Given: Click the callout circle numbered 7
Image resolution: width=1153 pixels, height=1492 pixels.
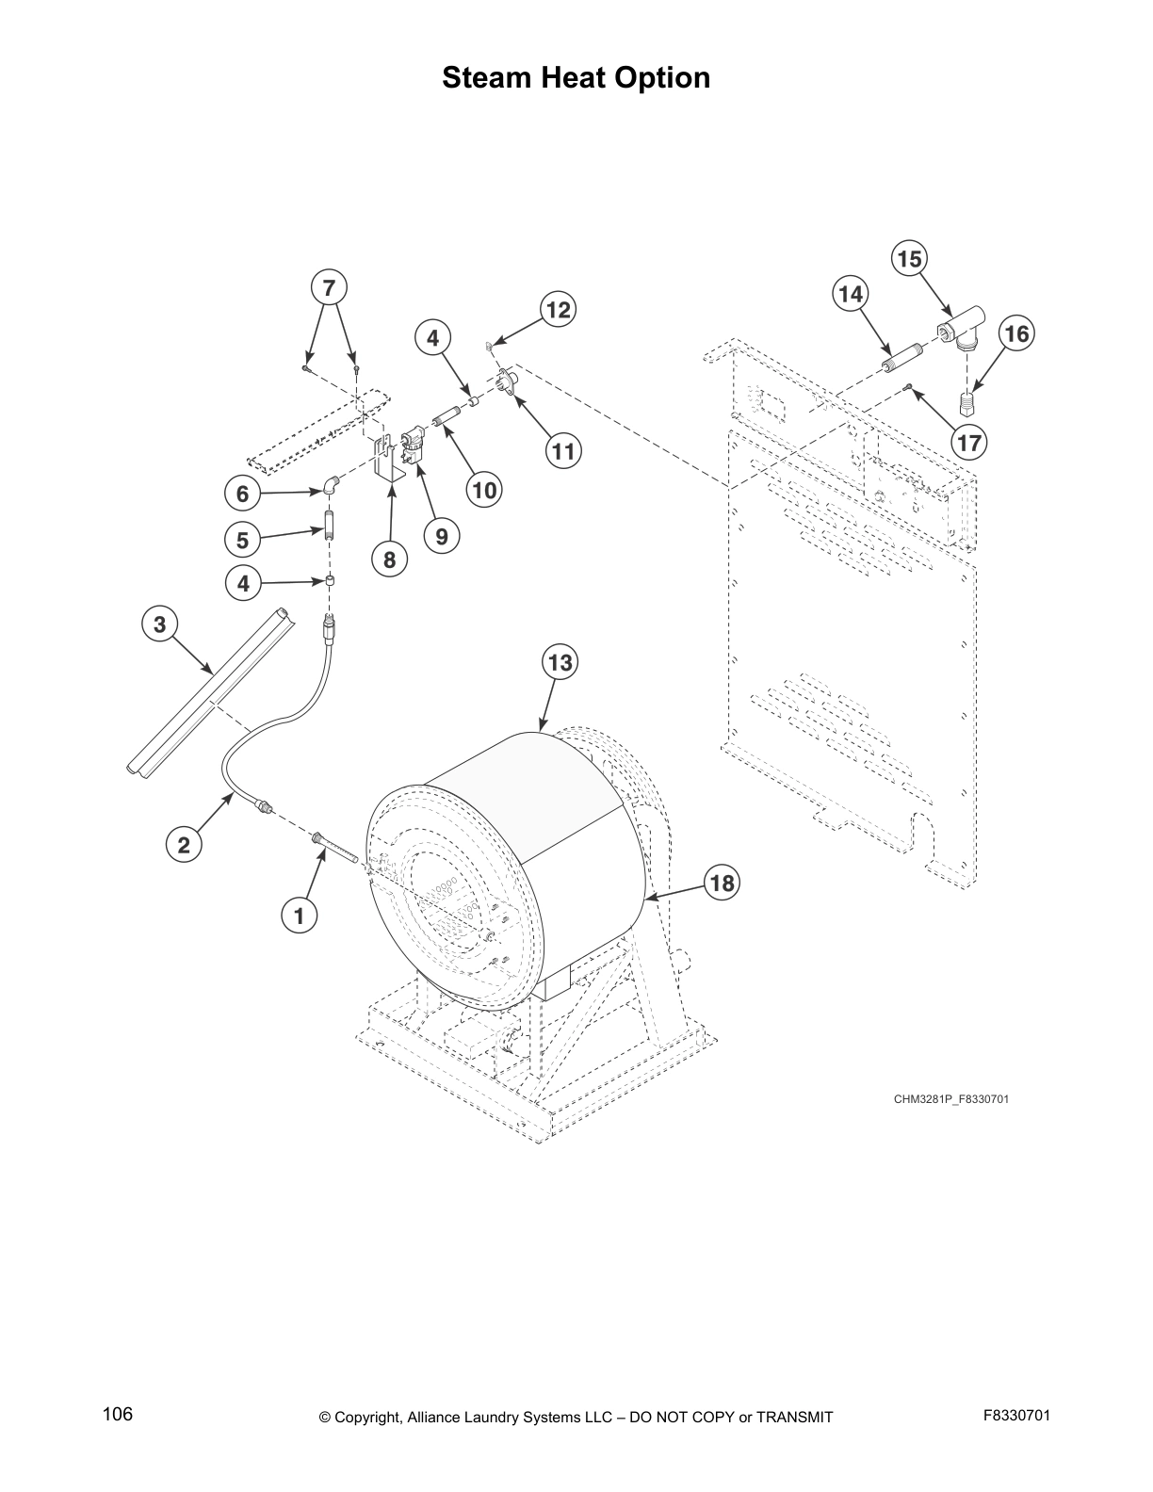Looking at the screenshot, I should pyautogui.click(x=329, y=287).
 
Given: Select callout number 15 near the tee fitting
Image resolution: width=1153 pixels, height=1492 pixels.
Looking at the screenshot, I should pyautogui.click(x=910, y=259).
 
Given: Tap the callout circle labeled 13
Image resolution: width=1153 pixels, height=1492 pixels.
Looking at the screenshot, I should pyautogui.click(x=560, y=662).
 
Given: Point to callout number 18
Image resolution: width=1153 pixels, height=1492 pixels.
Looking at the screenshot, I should pyautogui.click(x=722, y=883).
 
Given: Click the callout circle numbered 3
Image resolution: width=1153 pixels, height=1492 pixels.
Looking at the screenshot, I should pyautogui.click(x=159, y=624).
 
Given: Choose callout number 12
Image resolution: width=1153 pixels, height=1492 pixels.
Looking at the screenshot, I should pyautogui.click(x=559, y=310).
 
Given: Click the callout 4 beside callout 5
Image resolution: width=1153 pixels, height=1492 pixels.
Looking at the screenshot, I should pyautogui.click(x=243, y=584).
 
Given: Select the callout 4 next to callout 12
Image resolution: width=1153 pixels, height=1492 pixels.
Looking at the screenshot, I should pyautogui.click(x=433, y=337).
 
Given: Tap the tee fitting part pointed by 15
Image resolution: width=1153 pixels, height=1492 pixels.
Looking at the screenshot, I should pyautogui.click(x=959, y=331).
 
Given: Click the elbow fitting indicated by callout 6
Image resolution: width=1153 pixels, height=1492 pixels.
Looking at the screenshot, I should pyautogui.click(x=329, y=485).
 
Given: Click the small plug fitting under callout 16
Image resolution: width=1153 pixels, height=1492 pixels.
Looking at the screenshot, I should pyautogui.click(x=969, y=406).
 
